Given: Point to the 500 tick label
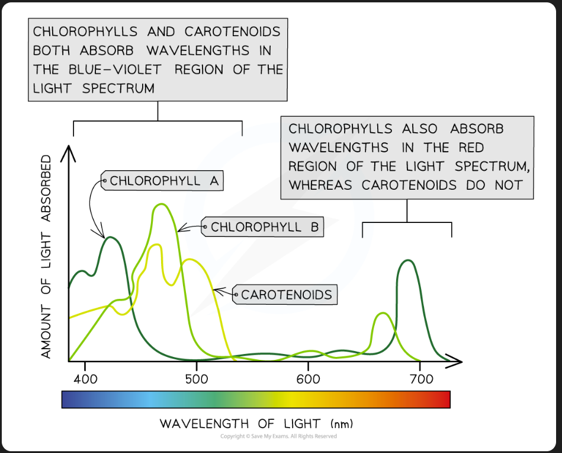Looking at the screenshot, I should coord(196,378).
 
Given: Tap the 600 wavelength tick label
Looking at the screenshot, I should coord(308,378).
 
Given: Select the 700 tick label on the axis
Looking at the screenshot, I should coord(419,378).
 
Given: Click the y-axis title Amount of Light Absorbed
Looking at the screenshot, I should coord(47,257).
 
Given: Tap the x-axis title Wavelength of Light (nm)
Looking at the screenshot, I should coord(256,424).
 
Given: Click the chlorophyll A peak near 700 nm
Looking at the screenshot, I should coord(407,261).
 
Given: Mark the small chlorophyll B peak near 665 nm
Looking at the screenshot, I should coord(384,314).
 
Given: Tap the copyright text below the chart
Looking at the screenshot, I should coord(278,436).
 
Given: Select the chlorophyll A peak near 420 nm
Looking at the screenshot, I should coord(110,238).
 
